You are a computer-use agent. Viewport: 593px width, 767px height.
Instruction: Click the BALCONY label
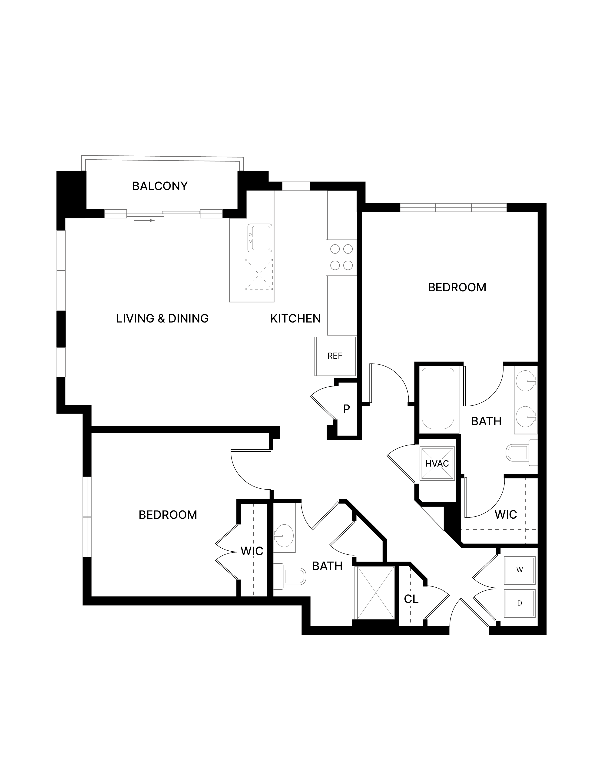click(x=160, y=186)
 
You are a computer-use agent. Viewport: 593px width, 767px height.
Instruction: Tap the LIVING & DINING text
click(x=162, y=319)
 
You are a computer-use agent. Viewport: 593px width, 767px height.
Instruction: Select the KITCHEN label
click(x=295, y=319)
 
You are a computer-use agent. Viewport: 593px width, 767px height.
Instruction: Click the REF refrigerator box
click(x=335, y=356)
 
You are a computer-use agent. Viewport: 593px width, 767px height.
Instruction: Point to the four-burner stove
click(x=341, y=257)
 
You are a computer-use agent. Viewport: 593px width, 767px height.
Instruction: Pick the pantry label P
click(x=346, y=409)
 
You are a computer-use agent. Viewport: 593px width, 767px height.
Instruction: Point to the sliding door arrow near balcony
click(x=144, y=221)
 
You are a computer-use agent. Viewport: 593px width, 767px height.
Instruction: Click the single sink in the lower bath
click(x=284, y=536)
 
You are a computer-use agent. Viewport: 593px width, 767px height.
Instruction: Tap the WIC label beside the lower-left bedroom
click(x=252, y=551)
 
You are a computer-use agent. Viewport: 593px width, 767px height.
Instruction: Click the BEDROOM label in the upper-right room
click(x=457, y=288)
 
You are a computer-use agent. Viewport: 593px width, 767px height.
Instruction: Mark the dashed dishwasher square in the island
click(x=259, y=274)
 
